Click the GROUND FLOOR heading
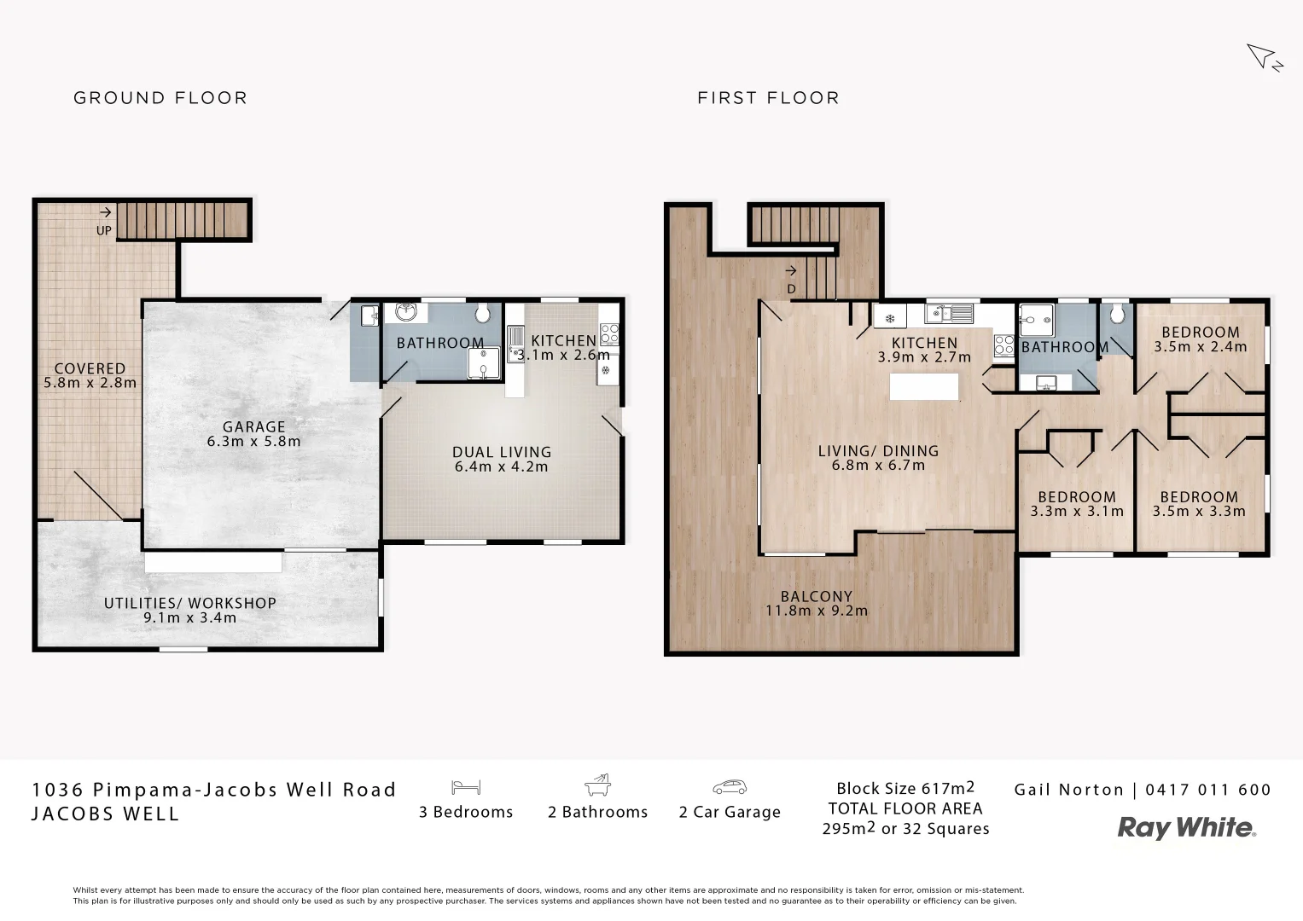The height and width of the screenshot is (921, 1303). pyautogui.click(x=160, y=98)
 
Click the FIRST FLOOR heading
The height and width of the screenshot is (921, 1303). pyautogui.click(x=768, y=98)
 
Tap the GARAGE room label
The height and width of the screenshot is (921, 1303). pyautogui.click(x=253, y=427)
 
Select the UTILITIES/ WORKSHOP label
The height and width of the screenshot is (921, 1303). pyautogui.click(x=190, y=603)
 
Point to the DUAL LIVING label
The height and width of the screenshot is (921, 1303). pyautogui.click(x=502, y=453)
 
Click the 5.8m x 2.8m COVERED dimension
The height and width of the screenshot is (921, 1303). pyautogui.click(x=90, y=384)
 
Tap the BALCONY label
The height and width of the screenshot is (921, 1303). pyautogui.click(x=816, y=597)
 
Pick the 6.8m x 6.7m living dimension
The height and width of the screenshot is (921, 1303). pyautogui.click(x=878, y=466)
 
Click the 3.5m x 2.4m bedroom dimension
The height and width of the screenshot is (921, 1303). pyautogui.click(x=1200, y=347)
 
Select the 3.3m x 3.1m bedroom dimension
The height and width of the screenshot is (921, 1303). pyautogui.click(x=1076, y=512)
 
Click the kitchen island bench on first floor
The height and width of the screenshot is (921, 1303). pyautogui.click(x=923, y=386)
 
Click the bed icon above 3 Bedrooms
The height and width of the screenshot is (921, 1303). pyautogui.click(x=466, y=786)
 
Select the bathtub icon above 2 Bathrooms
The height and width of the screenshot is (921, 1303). pyautogui.click(x=597, y=785)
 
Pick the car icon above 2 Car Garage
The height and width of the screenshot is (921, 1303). pyautogui.click(x=730, y=786)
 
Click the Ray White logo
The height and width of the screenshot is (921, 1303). pyautogui.click(x=1186, y=827)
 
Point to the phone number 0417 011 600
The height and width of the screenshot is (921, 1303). pyautogui.click(x=1207, y=790)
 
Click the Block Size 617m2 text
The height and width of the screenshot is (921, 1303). pyautogui.click(x=905, y=788)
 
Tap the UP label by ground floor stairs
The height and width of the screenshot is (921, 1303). pyautogui.click(x=103, y=230)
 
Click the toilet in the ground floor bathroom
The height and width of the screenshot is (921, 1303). pyautogui.click(x=482, y=314)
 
